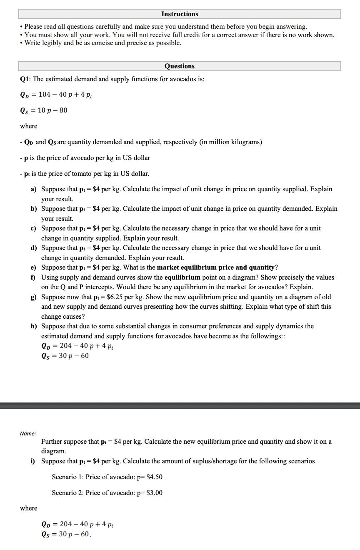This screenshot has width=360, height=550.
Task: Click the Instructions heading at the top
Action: pos(180,14)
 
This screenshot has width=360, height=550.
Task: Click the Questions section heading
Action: pos(180,66)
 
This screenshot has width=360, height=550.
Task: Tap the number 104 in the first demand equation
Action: pos(45,95)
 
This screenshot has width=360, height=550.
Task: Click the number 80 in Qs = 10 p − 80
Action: pos(63,110)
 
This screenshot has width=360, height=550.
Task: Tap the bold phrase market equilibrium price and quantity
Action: pos(216,267)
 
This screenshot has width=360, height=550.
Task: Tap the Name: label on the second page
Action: pos(28,434)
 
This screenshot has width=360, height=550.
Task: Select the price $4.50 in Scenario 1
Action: pos(154,477)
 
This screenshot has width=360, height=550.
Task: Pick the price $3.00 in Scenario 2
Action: pos(154,493)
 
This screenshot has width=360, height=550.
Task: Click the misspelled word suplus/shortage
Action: pos(226,461)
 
